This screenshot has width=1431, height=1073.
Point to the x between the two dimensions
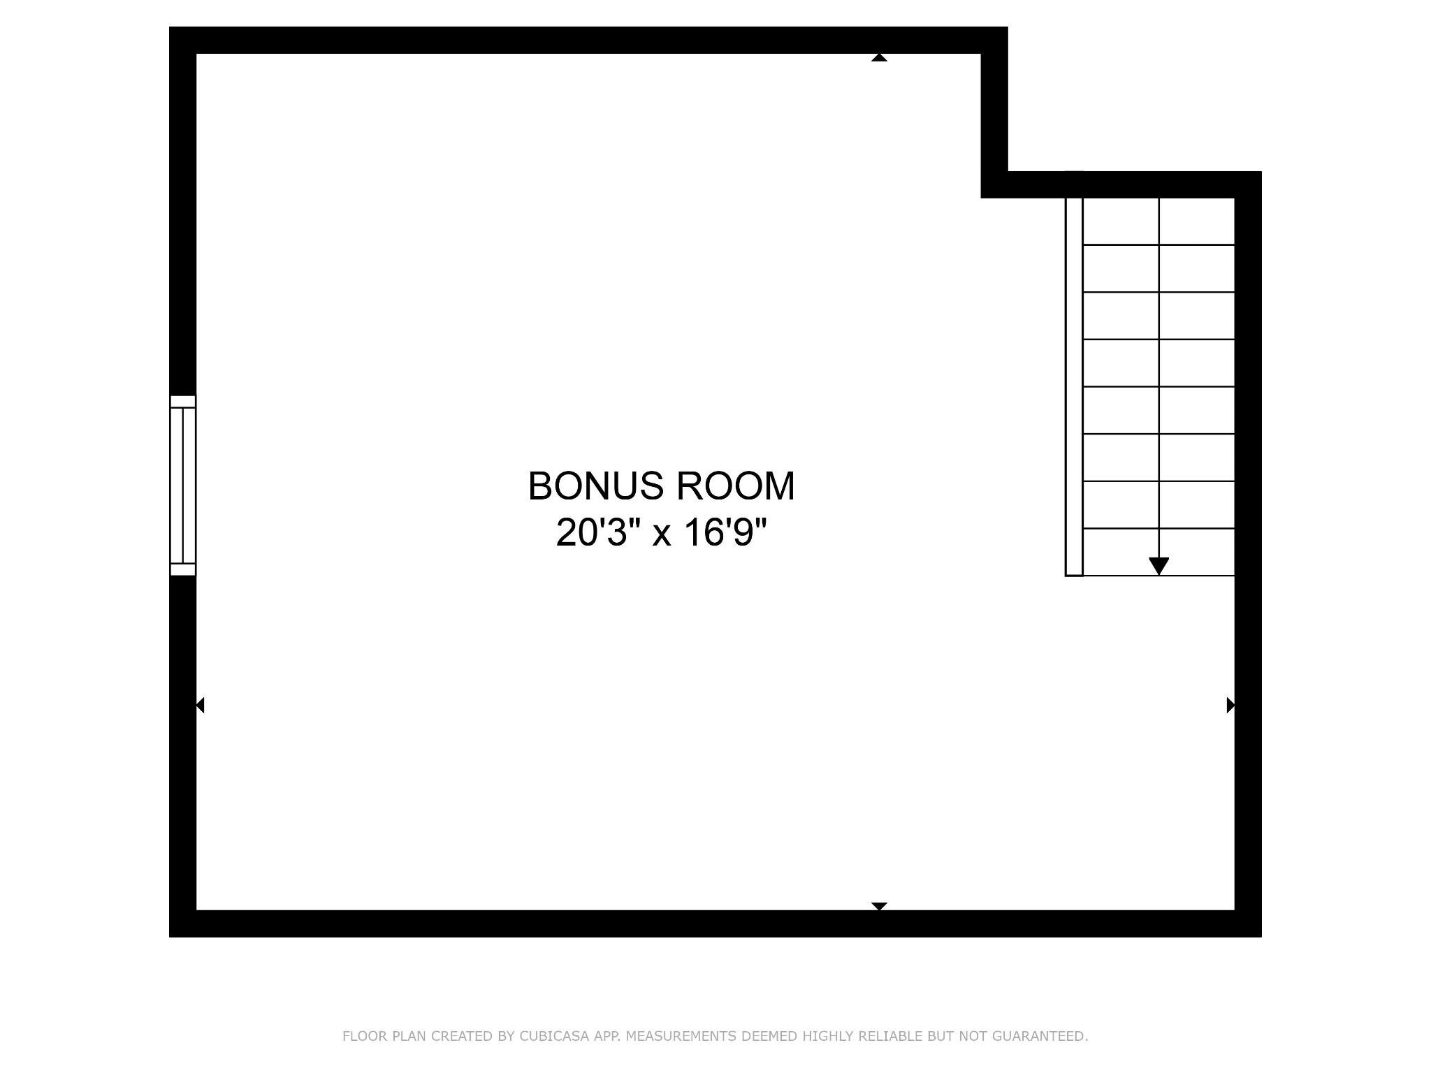tap(662, 536)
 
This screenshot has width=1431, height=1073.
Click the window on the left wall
tap(183, 486)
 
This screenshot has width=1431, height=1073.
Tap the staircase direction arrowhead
tap(1159, 566)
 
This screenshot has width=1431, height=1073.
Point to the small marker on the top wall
tap(879, 57)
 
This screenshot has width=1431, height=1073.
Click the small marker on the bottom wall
tap(879, 906)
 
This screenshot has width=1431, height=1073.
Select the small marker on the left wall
tap(200, 706)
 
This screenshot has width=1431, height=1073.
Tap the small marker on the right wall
tap(1230, 706)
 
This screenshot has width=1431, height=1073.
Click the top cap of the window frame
tap(183, 402)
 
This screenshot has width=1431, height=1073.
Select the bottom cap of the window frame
tap(183, 570)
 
